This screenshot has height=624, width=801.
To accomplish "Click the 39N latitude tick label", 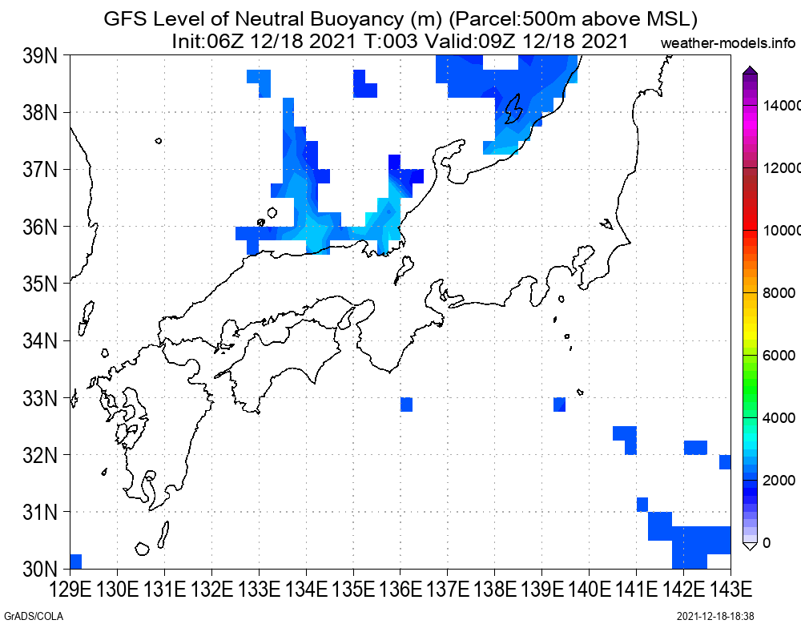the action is (x=40, y=56).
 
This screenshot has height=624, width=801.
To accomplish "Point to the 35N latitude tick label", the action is (x=40, y=284).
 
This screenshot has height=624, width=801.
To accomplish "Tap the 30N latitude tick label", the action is (x=40, y=569).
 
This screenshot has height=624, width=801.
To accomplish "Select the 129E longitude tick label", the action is (x=70, y=590).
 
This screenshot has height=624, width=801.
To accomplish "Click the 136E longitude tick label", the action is (x=400, y=590).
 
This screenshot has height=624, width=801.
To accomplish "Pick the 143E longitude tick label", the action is (x=731, y=590).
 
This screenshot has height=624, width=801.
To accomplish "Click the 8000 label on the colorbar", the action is (x=779, y=293).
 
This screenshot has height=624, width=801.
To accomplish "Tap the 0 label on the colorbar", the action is (x=767, y=543).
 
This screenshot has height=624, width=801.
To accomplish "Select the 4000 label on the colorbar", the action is (x=779, y=418).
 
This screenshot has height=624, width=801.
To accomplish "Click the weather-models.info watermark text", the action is (x=728, y=43).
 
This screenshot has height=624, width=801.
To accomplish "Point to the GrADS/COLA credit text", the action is (x=34, y=616).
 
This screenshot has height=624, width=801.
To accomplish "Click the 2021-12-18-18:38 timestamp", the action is (x=715, y=616).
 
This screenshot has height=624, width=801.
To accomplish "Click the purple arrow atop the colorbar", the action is (x=750, y=70).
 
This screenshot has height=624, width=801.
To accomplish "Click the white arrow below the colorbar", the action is (x=750, y=546).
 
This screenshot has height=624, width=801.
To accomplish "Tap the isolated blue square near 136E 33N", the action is (x=407, y=405).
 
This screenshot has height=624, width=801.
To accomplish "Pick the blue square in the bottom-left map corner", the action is (x=75, y=562).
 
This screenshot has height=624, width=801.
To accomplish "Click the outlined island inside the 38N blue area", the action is (x=513, y=109).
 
